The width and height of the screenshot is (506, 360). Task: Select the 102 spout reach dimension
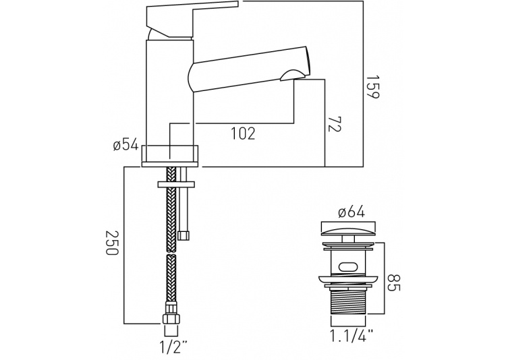tap(243, 133)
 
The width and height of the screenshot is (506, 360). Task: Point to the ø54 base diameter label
tap(125, 145)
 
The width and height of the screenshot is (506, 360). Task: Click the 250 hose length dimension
tap(112, 243)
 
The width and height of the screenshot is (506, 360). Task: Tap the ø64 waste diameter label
tap(351, 212)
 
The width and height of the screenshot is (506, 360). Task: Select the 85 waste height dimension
tap(393, 282)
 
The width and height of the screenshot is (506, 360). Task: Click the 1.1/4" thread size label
tap(352, 336)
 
